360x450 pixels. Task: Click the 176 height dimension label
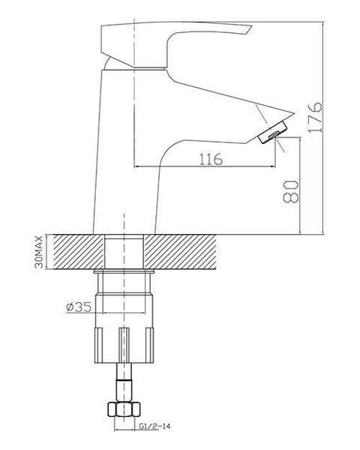tap(315, 117)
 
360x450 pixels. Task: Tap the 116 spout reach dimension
tap(211, 159)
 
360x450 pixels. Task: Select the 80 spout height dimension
tap(290, 192)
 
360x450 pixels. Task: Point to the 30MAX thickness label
tap(39, 252)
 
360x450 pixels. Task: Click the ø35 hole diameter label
tap(79, 307)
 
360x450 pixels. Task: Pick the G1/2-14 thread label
tap(154, 427)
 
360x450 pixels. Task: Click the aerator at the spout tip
tap(273, 132)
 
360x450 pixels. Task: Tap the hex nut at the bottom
tap(124, 409)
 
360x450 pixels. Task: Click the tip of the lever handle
tap(251, 27)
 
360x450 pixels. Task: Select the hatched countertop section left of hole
tap(79, 252)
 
